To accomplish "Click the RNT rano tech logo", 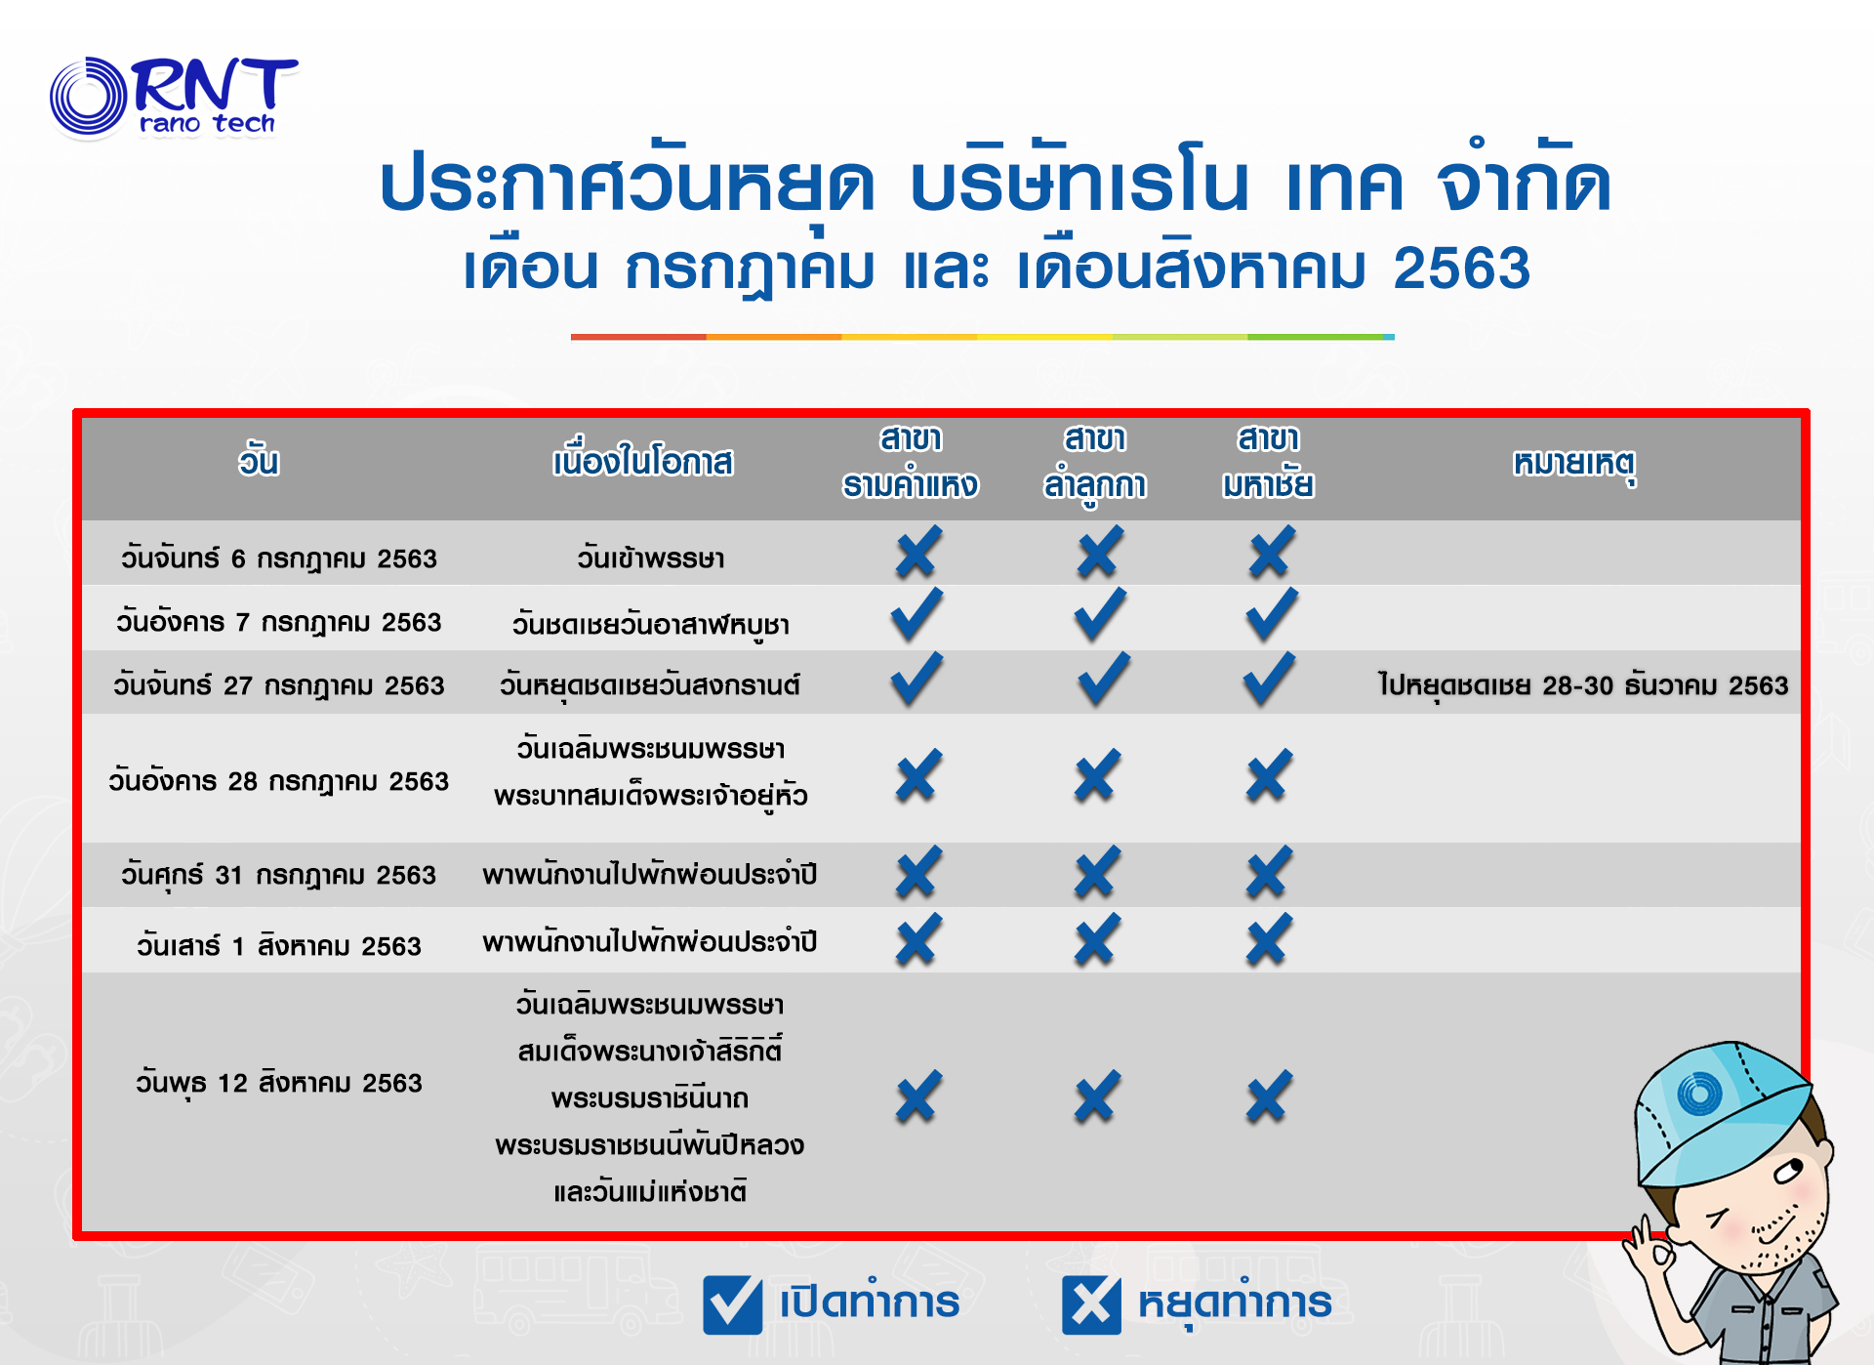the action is (x=174, y=97).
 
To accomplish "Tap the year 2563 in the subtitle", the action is (x=1461, y=269).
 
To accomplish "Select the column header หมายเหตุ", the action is (x=1574, y=464).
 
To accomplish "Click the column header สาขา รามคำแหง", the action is (x=911, y=462).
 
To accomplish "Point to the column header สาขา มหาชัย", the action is (x=1268, y=462).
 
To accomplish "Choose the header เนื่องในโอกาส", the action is (x=642, y=461).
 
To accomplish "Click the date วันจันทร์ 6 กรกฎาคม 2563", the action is (x=278, y=558).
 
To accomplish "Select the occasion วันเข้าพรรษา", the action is (x=650, y=558).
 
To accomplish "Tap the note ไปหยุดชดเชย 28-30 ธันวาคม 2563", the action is (x=1582, y=685).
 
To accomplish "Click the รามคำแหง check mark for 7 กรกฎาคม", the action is (x=917, y=615).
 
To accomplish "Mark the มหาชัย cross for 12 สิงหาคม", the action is (x=1268, y=1096).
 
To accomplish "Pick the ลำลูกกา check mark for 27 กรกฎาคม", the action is (x=1104, y=679).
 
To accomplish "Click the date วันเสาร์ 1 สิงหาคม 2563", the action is (x=278, y=945).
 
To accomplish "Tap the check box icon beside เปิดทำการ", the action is (x=732, y=1304).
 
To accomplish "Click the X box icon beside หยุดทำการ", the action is (x=1091, y=1304).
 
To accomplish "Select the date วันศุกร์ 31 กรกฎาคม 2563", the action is (x=278, y=875).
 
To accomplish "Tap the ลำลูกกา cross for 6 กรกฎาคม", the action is (x=1100, y=552).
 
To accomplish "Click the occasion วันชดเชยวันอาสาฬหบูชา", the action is (x=650, y=624).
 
